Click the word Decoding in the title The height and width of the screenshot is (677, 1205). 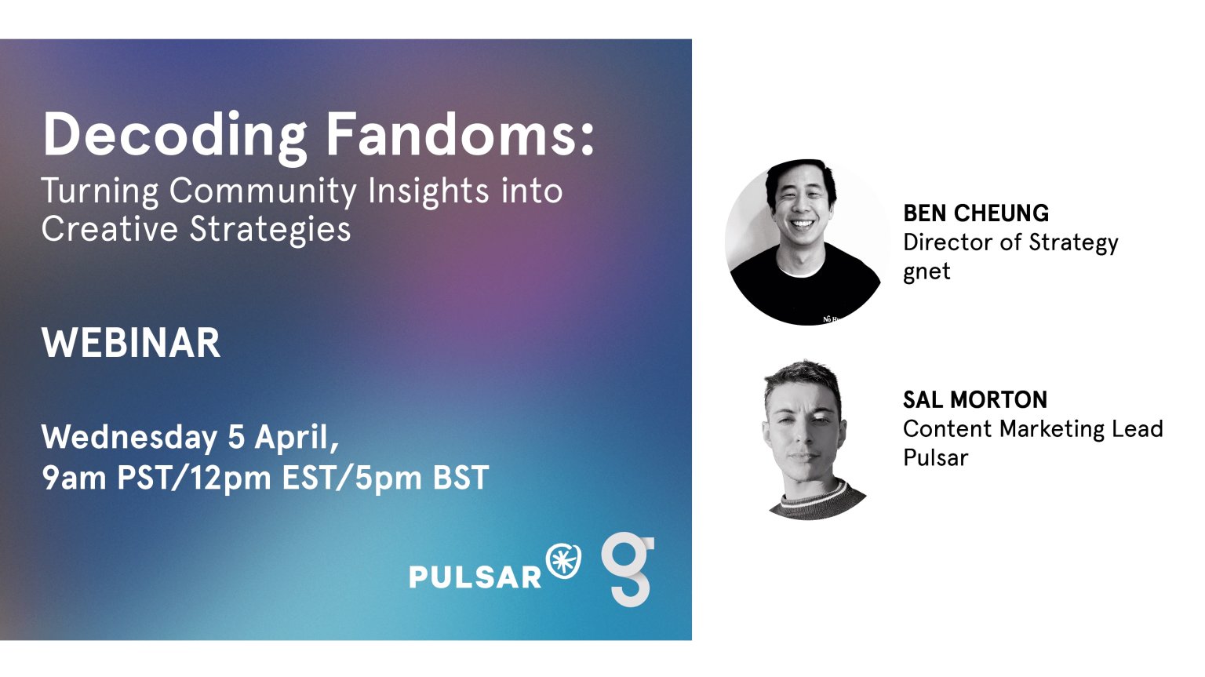pyautogui.click(x=176, y=136)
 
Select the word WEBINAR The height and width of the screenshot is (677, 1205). pyautogui.click(x=131, y=343)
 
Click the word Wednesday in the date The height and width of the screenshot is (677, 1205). pyautogui.click(x=129, y=437)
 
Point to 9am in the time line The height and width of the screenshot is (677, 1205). pyautogui.click(x=75, y=477)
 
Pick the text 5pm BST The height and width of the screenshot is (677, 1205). pyautogui.click(x=422, y=478)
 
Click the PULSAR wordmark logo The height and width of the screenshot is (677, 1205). pyautogui.click(x=475, y=577)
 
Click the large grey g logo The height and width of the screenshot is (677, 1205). pyautogui.click(x=628, y=570)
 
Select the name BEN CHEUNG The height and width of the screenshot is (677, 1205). pyautogui.click(x=976, y=213)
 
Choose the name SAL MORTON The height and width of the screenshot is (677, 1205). pyautogui.click(x=975, y=400)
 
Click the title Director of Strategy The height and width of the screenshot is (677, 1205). pyautogui.click(x=1010, y=243)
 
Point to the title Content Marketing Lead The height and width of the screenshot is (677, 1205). pyautogui.click(x=1033, y=429)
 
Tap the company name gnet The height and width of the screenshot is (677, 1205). pyautogui.click(x=927, y=271)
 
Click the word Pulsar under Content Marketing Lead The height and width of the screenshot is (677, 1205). pyautogui.click(x=935, y=457)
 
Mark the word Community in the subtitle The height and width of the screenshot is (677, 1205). pyautogui.click(x=263, y=191)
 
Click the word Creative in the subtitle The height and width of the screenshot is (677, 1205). pyautogui.click(x=110, y=229)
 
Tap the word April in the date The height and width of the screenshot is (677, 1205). pyautogui.click(x=297, y=439)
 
